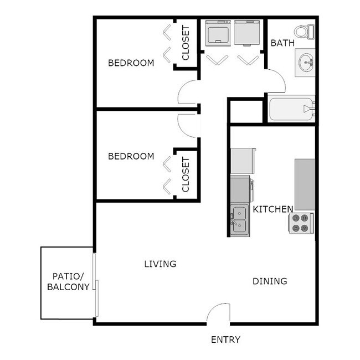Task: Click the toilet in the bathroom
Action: pos(302,31)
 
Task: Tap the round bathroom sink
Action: pos(305,61)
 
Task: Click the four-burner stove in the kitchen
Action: pos(301,222)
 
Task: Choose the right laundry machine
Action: pos(247,34)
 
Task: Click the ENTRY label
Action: pos(225,340)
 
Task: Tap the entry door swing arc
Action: pos(219,313)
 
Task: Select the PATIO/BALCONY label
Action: pos(68,281)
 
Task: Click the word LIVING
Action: pos(160,264)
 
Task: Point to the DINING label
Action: pos(270,281)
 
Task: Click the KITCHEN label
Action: pos(273,209)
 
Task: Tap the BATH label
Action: pos(281,43)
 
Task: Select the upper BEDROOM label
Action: pos(131,63)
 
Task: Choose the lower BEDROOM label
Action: pos(131,156)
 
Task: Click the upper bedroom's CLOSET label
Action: pos(186,44)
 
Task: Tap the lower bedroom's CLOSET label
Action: pos(186,174)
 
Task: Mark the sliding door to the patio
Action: pos(96,286)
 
